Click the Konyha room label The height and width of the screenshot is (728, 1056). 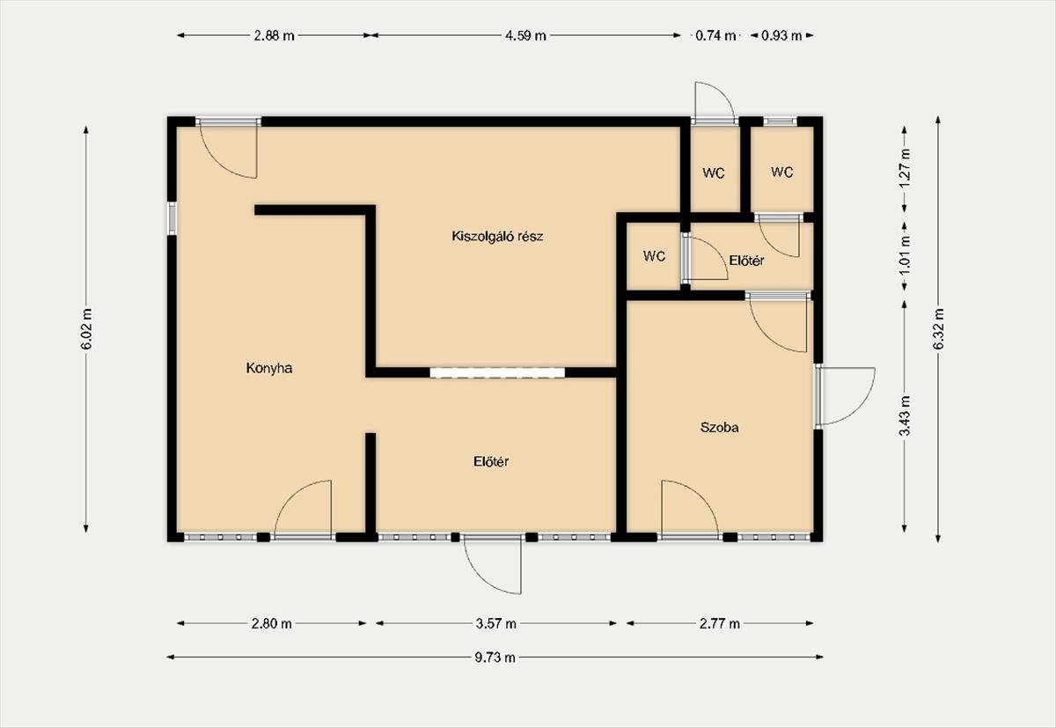pos(268,368)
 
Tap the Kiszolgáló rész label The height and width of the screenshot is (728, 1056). pos(497,236)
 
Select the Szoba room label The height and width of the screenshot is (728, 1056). pos(719,428)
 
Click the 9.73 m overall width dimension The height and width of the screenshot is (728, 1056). pos(495,658)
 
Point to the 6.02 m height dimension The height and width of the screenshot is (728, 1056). pos(86,329)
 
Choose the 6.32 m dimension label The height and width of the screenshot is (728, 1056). pos(938,329)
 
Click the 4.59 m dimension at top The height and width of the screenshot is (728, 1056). pos(525,35)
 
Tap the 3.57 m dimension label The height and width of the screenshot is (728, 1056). pos(496,624)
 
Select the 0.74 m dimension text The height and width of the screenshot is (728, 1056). pos(715,35)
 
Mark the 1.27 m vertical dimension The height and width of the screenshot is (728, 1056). pos(905,168)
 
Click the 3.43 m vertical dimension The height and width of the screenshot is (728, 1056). pos(905,416)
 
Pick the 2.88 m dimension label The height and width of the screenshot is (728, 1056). pos(274,35)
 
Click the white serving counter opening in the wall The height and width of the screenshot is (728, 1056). pos(497,372)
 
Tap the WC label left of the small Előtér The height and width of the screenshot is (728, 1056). pos(655,256)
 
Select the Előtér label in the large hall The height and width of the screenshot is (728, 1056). pos(491,461)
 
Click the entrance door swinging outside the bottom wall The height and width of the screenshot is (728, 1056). pos(493,565)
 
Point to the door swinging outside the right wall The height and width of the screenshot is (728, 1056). pos(846,396)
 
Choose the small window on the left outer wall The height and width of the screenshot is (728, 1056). pos(172,218)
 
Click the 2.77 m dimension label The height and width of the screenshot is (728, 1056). pos(720,624)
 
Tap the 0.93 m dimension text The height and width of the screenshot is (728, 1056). pos(781,35)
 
